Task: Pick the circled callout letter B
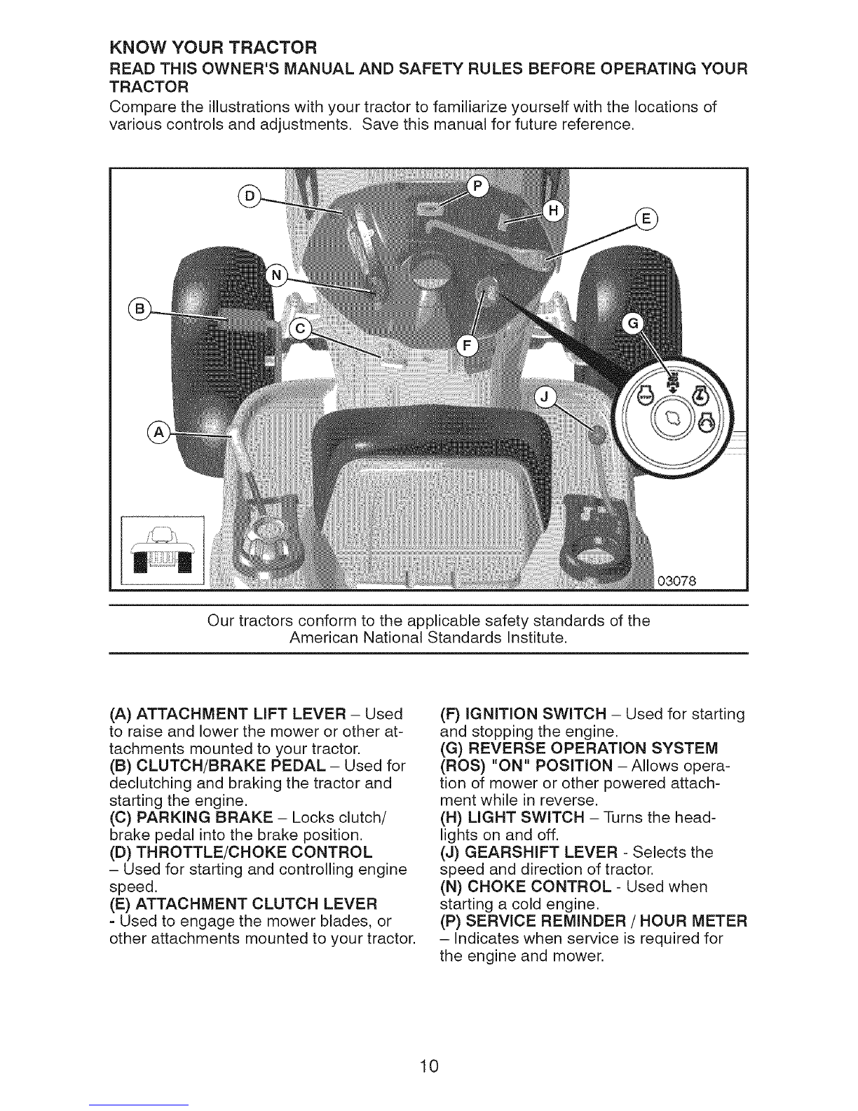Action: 139,308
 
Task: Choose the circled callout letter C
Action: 302,331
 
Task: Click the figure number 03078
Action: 676,580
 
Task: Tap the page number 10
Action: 429,1048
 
